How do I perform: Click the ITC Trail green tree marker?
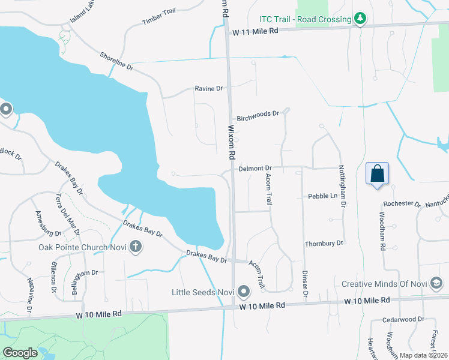point(360,20)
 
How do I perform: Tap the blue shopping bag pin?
point(377,174)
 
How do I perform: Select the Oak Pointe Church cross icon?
point(136,246)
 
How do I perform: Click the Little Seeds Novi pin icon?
point(243,292)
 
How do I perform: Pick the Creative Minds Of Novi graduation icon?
point(437,283)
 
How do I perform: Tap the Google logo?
point(20,353)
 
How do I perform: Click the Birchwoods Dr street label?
point(258,113)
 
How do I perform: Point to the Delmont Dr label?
point(255,169)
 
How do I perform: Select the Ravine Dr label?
point(208,89)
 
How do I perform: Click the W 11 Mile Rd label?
point(256,31)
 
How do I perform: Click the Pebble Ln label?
point(322,196)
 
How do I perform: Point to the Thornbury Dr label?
point(324,243)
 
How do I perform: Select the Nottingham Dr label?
point(342,186)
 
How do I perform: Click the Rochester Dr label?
point(402,203)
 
